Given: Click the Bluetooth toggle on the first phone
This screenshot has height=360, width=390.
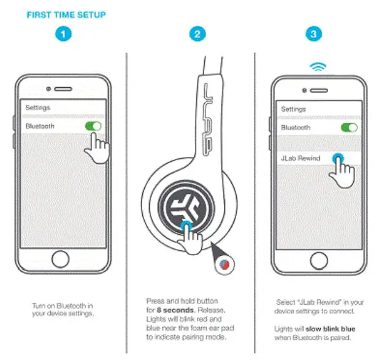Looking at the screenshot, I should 93,126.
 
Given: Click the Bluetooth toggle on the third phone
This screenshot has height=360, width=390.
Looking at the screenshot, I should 349,128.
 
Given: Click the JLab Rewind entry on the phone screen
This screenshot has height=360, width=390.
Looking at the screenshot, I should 300,158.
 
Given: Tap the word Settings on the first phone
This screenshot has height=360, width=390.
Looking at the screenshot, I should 37,107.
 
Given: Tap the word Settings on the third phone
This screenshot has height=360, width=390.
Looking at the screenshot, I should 293,109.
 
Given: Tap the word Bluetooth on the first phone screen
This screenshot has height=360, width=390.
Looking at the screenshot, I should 40,126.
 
